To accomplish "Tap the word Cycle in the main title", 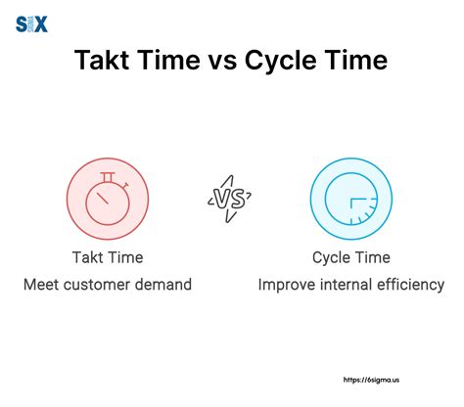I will point(295,62).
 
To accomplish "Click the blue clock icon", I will point(348,198).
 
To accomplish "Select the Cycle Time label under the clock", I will point(349,257).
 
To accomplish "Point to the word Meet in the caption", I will point(47,285).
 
